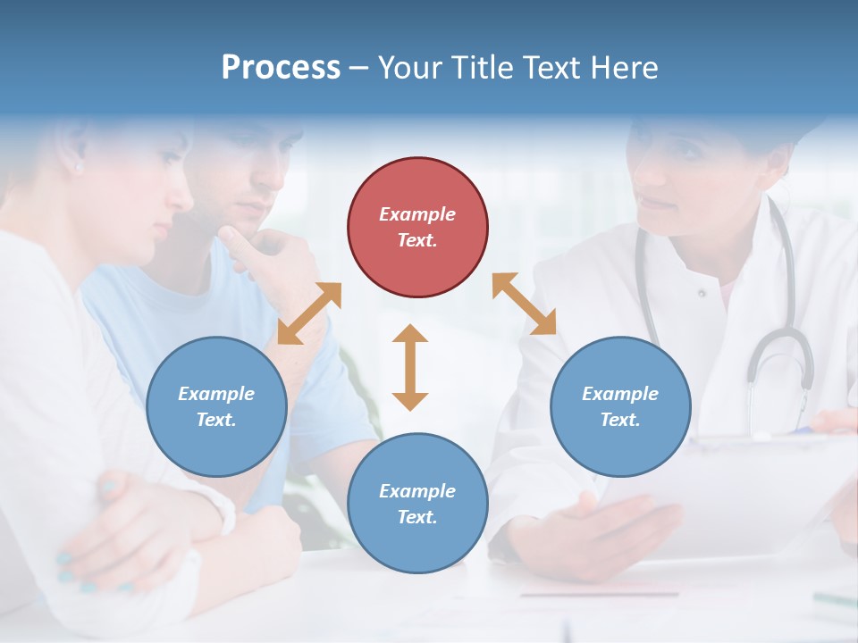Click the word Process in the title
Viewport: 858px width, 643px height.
tap(281, 68)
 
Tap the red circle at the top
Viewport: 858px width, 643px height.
tap(417, 227)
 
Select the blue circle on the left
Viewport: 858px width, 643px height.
tap(216, 406)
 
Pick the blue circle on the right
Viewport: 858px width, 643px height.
tap(620, 406)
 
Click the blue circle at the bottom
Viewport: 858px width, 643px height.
tap(417, 503)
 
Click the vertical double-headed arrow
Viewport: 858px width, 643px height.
tap(410, 367)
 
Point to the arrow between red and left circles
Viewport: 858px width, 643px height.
tap(309, 313)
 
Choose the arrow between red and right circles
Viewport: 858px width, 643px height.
tap(524, 304)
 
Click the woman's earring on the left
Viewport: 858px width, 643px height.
tap(79, 167)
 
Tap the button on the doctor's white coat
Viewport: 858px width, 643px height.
tap(702, 292)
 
